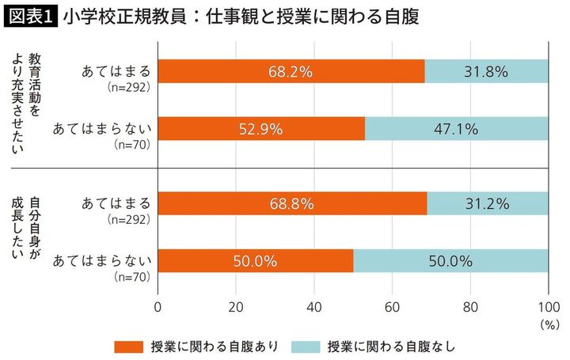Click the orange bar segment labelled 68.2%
click(x=291, y=71)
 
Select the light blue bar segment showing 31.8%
click(x=486, y=71)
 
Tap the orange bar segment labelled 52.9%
click(x=261, y=128)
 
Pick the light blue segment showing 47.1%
click(x=456, y=128)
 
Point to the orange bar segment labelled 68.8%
click(x=293, y=203)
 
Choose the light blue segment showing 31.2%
click(x=488, y=203)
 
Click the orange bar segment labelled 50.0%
click(x=256, y=260)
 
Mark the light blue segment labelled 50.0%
click(x=450, y=260)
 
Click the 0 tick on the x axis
click(x=158, y=305)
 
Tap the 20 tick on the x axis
click(x=236, y=305)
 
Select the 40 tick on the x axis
click(x=314, y=305)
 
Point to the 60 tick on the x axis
click(x=392, y=305)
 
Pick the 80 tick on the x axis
click(x=469, y=305)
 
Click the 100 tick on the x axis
click(x=546, y=305)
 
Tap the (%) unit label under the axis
click(x=546, y=323)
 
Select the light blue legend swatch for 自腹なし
click(x=310, y=346)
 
